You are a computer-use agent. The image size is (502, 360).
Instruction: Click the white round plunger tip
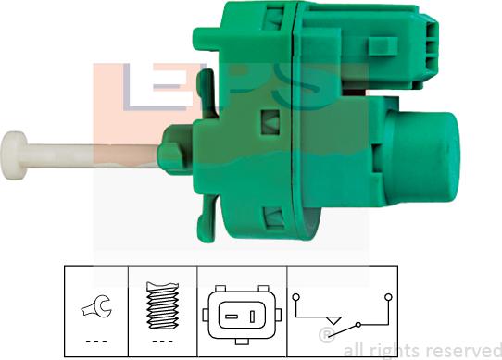14,155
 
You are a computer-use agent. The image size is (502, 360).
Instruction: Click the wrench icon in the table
96,306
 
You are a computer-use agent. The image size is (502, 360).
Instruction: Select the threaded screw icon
162,305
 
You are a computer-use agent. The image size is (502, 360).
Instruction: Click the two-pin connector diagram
242,315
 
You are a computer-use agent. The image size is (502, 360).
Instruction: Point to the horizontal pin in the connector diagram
232,317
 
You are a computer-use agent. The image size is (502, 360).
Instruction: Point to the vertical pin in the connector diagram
252,317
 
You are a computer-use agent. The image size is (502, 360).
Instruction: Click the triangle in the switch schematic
333,320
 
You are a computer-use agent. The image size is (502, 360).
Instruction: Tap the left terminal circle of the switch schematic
296,297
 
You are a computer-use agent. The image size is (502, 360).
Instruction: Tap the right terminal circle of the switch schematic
388,297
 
